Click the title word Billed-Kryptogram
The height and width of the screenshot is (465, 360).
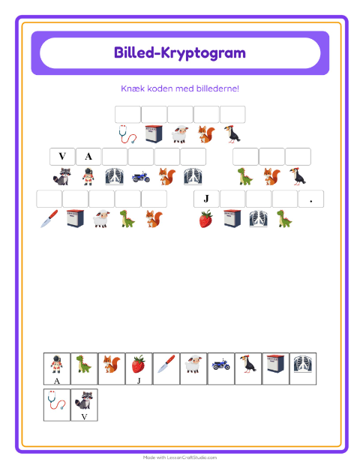click(x=180, y=53)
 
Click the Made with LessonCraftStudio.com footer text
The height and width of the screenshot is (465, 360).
click(x=180, y=457)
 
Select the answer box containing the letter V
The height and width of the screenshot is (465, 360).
click(x=62, y=156)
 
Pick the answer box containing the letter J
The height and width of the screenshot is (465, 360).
click(x=206, y=199)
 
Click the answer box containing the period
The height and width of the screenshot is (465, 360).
click(x=310, y=199)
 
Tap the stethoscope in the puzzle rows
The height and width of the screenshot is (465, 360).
click(x=127, y=134)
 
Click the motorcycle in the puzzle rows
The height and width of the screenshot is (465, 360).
click(x=141, y=177)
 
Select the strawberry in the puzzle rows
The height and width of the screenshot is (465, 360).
click(x=206, y=219)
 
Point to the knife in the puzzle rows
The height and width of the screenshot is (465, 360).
click(x=49, y=219)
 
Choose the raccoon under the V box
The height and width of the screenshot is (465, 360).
click(x=62, y=176)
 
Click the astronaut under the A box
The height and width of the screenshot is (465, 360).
click(x=88, y=176)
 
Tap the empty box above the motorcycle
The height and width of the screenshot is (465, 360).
click(x=141, y=156)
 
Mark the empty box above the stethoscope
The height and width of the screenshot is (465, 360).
click(x=127, y=114)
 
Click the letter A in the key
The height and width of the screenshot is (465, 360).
click(x=57, y=381)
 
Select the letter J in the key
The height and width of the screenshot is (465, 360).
click(x=139, y=380)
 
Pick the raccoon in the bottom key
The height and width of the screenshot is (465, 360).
click(x=84, y=400)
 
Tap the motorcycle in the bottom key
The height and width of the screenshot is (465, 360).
click(x=221, y=364)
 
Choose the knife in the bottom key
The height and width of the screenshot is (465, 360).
click(x=166, y=364)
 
